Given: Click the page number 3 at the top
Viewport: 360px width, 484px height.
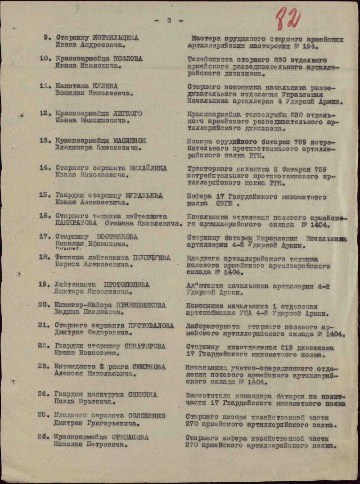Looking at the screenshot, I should click(169, 20).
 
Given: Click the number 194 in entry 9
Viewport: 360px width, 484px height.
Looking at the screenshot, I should click(310, 46).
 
